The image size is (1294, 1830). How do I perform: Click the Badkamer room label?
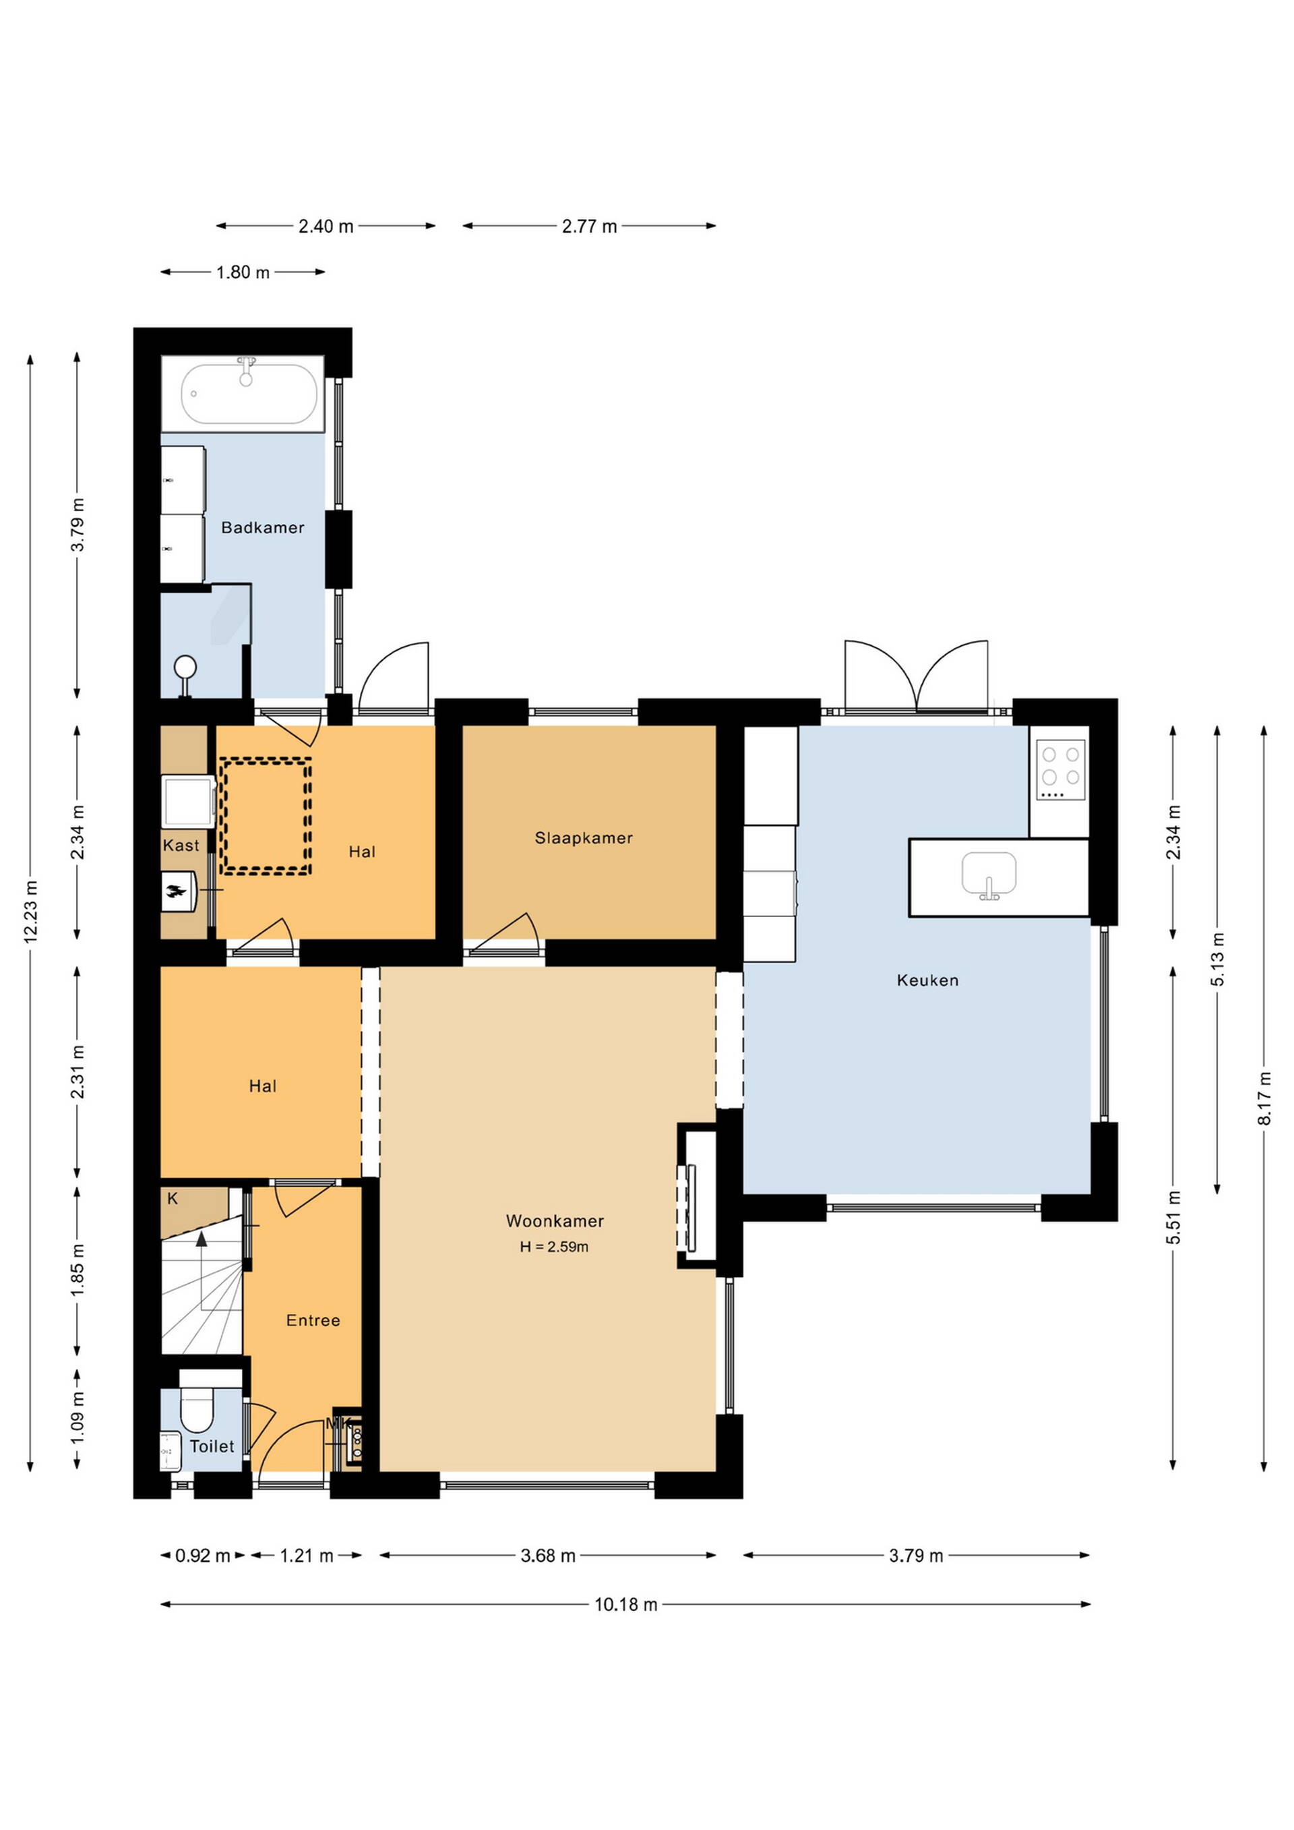point(263,528)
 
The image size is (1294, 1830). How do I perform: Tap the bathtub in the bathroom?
point(243,394)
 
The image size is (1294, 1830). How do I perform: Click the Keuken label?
point(927,980)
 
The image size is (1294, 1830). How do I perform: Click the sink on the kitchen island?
point(989,875)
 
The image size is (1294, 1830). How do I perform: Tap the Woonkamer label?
point(555,1221)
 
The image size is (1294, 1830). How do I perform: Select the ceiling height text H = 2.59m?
point(555,1247)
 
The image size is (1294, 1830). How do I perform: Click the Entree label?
point(313,1321)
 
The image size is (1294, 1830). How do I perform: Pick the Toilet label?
point(212,1446)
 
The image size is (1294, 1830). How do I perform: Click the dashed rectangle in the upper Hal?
point(266,817)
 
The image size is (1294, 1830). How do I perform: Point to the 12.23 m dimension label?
point(31,912)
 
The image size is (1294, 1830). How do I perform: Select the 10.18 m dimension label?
point(626,1604)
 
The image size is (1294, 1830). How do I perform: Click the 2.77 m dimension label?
point(590,227)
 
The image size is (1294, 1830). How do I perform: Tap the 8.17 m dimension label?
point(1264,1098)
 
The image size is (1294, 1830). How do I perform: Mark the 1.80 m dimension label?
point(243,272)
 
